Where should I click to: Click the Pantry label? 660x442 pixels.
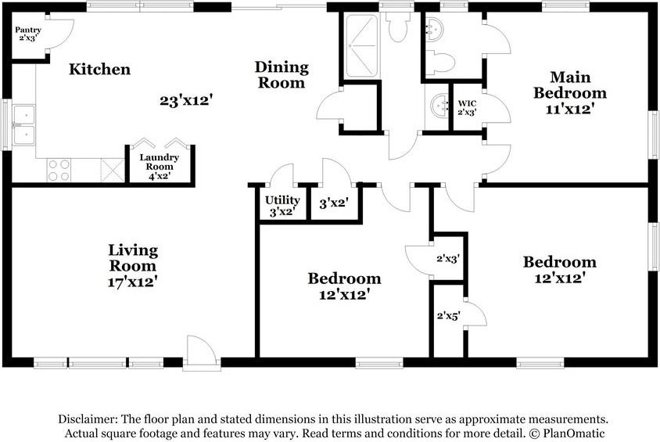point(28,30)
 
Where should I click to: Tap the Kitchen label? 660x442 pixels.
point(100,69)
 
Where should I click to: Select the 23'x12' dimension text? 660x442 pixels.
point(185,101)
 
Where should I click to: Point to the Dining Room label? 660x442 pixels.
point(282,74)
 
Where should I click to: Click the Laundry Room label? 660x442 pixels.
point(159,162)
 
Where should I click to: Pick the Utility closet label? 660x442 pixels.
point(282,200)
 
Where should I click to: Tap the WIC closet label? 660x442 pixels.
point(467,103)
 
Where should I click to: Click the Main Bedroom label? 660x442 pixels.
point(570,85)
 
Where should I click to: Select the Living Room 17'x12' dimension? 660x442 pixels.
point(133,282)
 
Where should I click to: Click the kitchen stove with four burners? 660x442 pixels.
point(59,170)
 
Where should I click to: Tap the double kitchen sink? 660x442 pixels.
point(23,124)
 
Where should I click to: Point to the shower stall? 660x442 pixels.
point(361,45)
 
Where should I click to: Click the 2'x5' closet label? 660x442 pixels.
point(448,315)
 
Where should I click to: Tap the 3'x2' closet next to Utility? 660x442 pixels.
point(334,203)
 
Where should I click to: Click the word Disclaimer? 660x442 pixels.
point(88,419)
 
